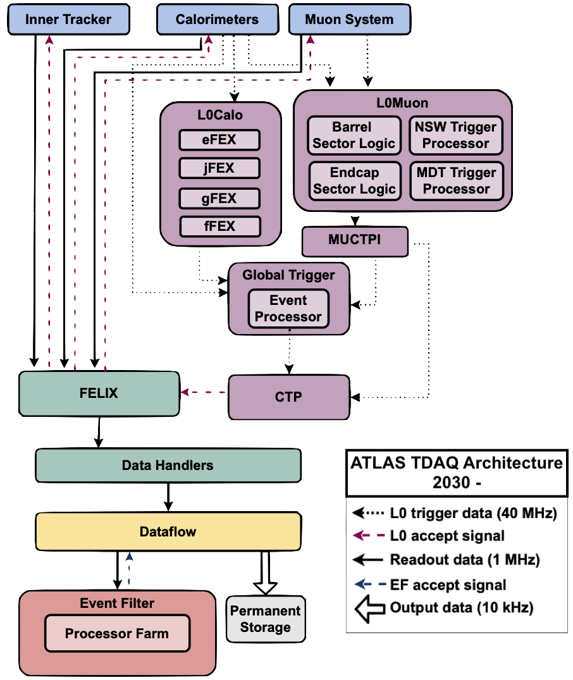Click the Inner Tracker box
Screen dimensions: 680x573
coord(68,20)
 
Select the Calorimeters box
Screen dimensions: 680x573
coord(217,20)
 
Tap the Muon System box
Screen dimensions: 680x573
coord(348,20)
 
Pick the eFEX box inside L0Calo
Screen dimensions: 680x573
coord(219,140)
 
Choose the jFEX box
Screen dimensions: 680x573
coord(219,168)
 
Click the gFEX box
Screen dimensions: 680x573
coord(219,198)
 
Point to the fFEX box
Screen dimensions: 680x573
coord(219,226)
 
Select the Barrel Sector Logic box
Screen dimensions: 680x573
coord(354,135)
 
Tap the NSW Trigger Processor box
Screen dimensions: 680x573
coord(455,135)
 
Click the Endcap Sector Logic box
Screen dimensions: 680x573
coord(354,181)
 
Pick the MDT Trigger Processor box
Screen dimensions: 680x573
coord(456,181)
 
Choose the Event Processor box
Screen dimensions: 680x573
coord(288,309)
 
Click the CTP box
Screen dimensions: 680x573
coord(288,397)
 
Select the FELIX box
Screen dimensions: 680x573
coord(99,393)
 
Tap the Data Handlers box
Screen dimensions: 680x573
coord(168,466)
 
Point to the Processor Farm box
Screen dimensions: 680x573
coord(117,633)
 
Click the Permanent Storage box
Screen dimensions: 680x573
coord(266,619)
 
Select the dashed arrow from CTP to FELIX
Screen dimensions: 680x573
coord(204,393)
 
